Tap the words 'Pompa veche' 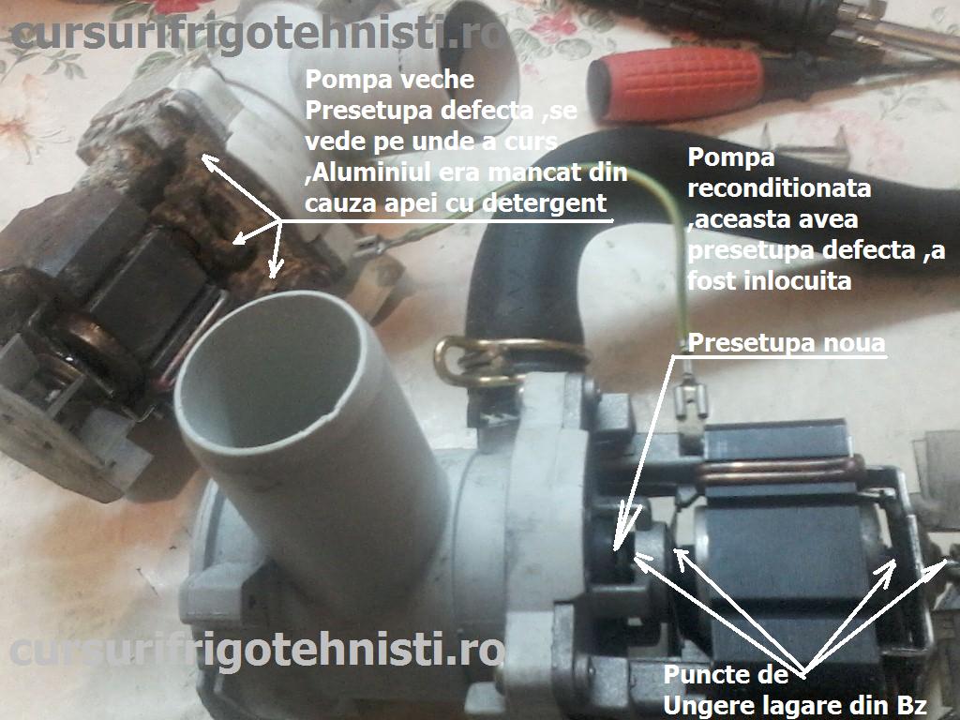[x=390, y=79]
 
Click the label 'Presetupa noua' [x=787, y=343]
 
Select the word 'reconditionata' [x=779, y=188]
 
